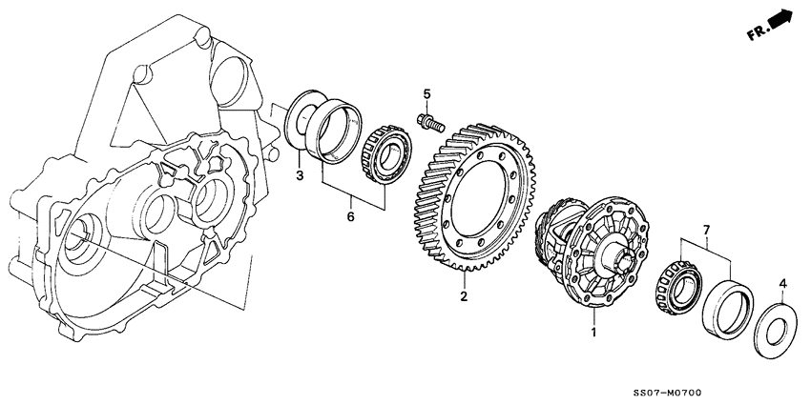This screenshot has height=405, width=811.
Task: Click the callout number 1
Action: pos(593,333)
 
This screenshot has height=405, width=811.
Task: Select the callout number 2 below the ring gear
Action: pos(465,296)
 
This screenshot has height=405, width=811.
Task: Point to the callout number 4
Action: pos(782,283)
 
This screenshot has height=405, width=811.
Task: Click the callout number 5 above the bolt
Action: pos(427,94)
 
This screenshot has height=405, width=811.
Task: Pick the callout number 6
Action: pos(349,218)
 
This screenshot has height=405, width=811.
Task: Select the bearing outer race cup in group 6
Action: pos(341,133)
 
